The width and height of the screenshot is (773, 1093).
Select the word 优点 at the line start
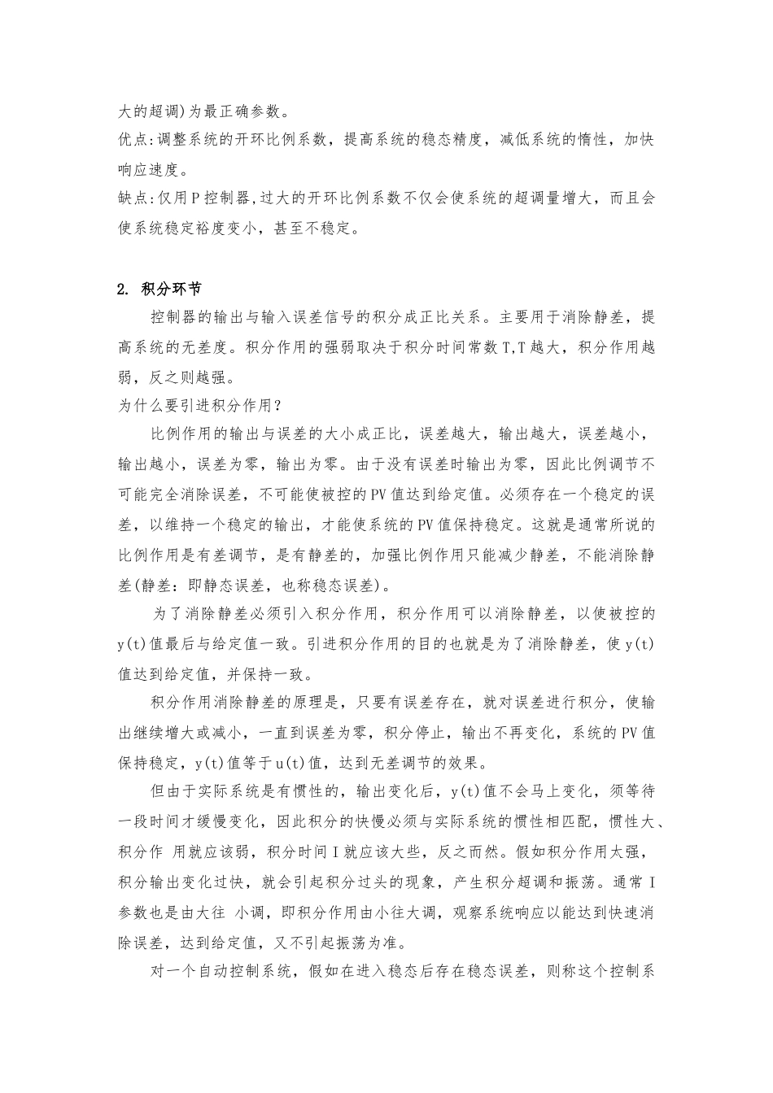click(132, 139)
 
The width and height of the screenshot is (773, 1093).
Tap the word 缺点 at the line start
click(132, 198)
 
